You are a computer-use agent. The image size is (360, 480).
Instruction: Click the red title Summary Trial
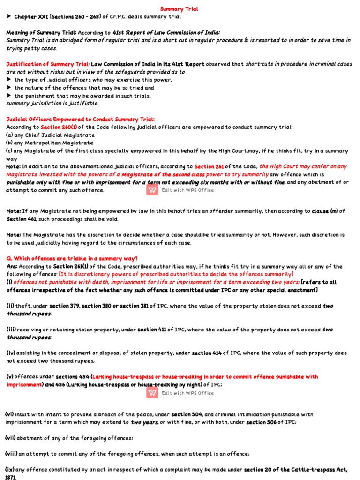point(179,9)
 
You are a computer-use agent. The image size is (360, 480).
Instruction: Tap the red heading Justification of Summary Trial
point(47,64)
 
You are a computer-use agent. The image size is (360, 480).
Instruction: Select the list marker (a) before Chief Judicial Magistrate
point(9,135)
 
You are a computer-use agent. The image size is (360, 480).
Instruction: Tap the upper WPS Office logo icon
point(152,190)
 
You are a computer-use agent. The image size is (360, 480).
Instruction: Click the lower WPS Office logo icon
point(152,393)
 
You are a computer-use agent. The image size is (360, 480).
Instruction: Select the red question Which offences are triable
point(72,259)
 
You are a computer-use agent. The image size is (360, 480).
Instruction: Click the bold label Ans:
point(12,267)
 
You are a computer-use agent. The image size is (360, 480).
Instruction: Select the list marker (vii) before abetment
point(11,438)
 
